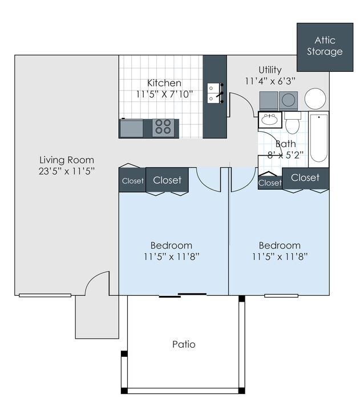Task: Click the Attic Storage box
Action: tap(325, 47)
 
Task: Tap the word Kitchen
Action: tap(164, 83)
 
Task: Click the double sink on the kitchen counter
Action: tap(214, 93)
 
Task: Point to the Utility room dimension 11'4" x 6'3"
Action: tap(270, 82)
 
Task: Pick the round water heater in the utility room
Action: tap(315, 99)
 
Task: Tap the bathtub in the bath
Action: tap(318, 137)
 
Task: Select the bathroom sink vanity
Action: tap(269, 120)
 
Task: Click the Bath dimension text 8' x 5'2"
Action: tap(285, 154)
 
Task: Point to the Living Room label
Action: tap(67, 160)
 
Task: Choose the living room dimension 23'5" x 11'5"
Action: tap(67, 170)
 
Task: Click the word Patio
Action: tap(184, 344)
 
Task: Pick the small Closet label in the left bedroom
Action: tap(132, 181)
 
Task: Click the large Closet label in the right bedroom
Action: tap(305, 178)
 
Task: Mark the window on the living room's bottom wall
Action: tap(45, 295)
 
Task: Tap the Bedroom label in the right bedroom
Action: tap(280, 246)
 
